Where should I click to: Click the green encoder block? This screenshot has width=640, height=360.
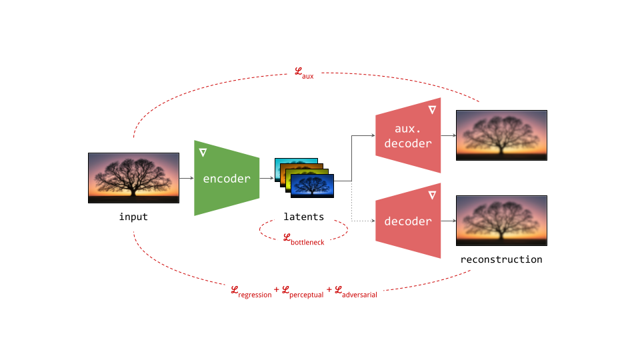[227, 178]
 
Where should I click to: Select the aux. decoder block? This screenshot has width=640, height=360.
[408, 135]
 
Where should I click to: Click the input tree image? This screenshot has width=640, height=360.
[134, 177]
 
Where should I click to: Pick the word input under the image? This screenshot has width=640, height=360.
[133, 217]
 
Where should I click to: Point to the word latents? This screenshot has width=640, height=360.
[303, 217]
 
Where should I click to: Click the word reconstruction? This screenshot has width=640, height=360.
[501, 259]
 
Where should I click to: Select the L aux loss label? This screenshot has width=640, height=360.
[304, 73]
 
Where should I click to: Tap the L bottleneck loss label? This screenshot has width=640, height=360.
[303, 239]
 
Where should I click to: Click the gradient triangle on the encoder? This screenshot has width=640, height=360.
[203, 153]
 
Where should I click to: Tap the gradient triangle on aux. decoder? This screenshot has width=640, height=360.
[432, 109]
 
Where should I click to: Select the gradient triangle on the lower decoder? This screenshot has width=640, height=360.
[432, 195]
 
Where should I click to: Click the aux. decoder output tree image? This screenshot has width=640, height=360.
[501, 135]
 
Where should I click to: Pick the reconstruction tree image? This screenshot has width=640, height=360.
[501, 221]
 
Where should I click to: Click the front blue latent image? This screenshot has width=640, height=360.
[312, 185]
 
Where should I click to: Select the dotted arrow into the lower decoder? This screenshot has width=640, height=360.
[360, 221]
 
